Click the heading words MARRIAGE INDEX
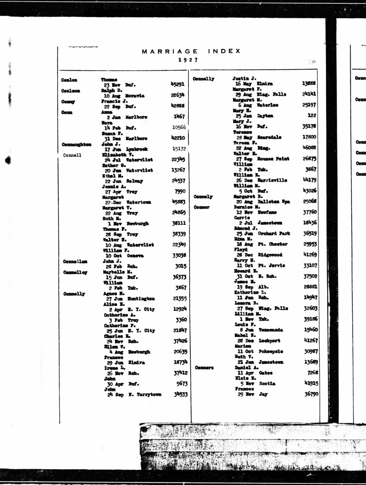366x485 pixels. coord(191,51)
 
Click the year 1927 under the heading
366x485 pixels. coord(188,59)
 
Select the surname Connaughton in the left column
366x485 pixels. coord(77,144)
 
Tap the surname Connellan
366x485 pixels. coord(75,261)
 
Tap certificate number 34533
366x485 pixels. coord(180,394)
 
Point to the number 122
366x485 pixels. coord(312,116)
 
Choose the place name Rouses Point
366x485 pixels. coord(274,159)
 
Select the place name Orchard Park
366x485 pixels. coord(274,234)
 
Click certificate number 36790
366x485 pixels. coord(312,394)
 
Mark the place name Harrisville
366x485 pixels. coord(272,180)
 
